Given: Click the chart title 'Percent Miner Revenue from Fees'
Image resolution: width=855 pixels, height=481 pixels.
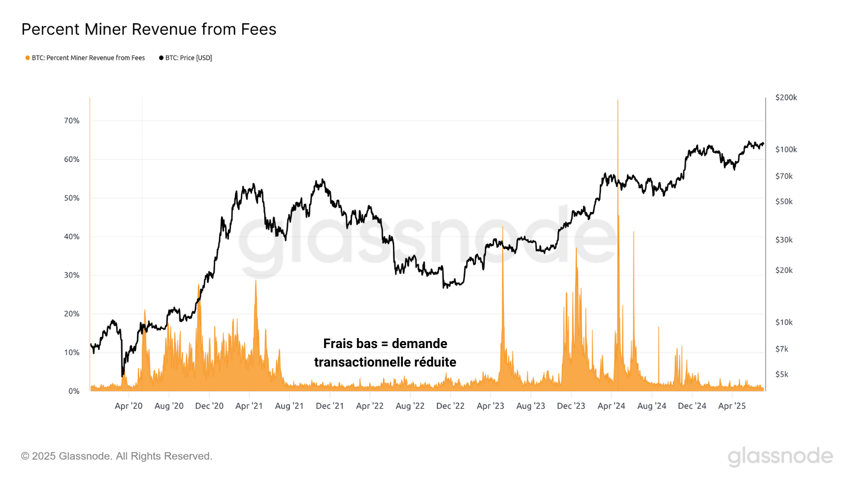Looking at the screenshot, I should tap(149, 29).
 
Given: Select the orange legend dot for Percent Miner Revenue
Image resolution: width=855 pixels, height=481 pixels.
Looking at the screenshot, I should tap(28, 58).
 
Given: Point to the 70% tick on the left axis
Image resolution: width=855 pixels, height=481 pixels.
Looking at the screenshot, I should tap(72, 121).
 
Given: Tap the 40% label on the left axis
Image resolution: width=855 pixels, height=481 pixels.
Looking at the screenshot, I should tap(72, 236).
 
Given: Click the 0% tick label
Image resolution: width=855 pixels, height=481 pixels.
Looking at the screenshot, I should tap(74, 391).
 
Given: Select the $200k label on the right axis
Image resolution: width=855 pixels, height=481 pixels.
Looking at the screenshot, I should tap(786, 97).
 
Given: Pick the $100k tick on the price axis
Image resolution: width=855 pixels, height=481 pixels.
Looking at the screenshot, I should tap(786, 150).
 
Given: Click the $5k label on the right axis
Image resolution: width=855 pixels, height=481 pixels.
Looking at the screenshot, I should tap(782, 374).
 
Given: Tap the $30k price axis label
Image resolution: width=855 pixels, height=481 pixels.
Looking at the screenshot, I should tap(784, 240).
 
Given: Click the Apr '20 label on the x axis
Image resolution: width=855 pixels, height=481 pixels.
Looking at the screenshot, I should tap(128, 406).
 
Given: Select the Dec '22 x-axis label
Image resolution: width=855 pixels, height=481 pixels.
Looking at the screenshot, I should tap(450, 406).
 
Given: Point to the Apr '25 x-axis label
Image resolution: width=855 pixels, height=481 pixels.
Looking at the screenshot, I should tap(731, 406).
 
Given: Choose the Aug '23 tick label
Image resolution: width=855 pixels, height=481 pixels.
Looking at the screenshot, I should tap(531, 406).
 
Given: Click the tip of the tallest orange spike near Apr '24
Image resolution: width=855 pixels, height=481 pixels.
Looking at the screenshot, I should tap(617, 100).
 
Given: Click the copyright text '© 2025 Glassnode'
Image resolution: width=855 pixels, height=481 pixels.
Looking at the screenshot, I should tap(66, 456).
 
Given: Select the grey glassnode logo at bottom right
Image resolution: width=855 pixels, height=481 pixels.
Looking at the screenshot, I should tap(780, 456).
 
